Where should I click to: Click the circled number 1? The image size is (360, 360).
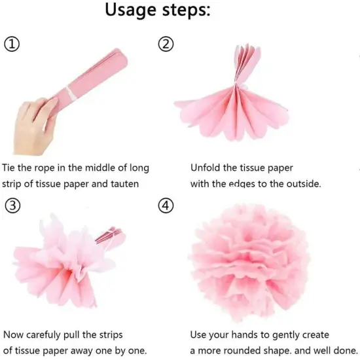tap(12, 45)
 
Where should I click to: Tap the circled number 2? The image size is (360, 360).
tap(166, 45)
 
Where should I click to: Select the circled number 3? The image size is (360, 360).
tap(12, 206)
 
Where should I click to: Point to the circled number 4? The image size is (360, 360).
tap(166, 206)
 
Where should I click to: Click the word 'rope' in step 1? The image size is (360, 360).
tap(54, 168)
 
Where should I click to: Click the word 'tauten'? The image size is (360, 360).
tap(122, 184)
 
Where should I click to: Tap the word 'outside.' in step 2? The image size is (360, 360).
tap(302, 184)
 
